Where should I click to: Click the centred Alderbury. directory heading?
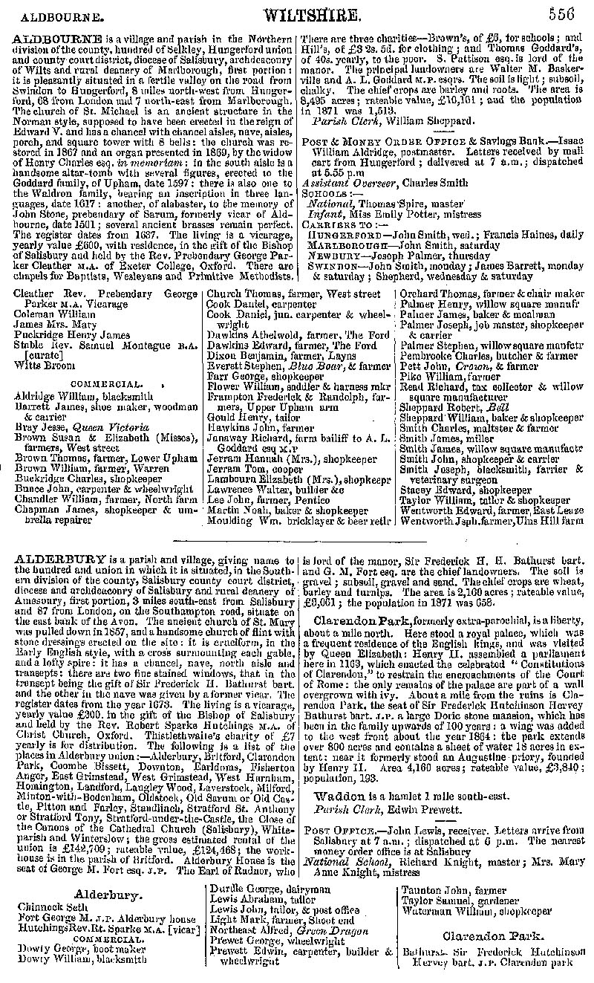pos(103,895)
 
